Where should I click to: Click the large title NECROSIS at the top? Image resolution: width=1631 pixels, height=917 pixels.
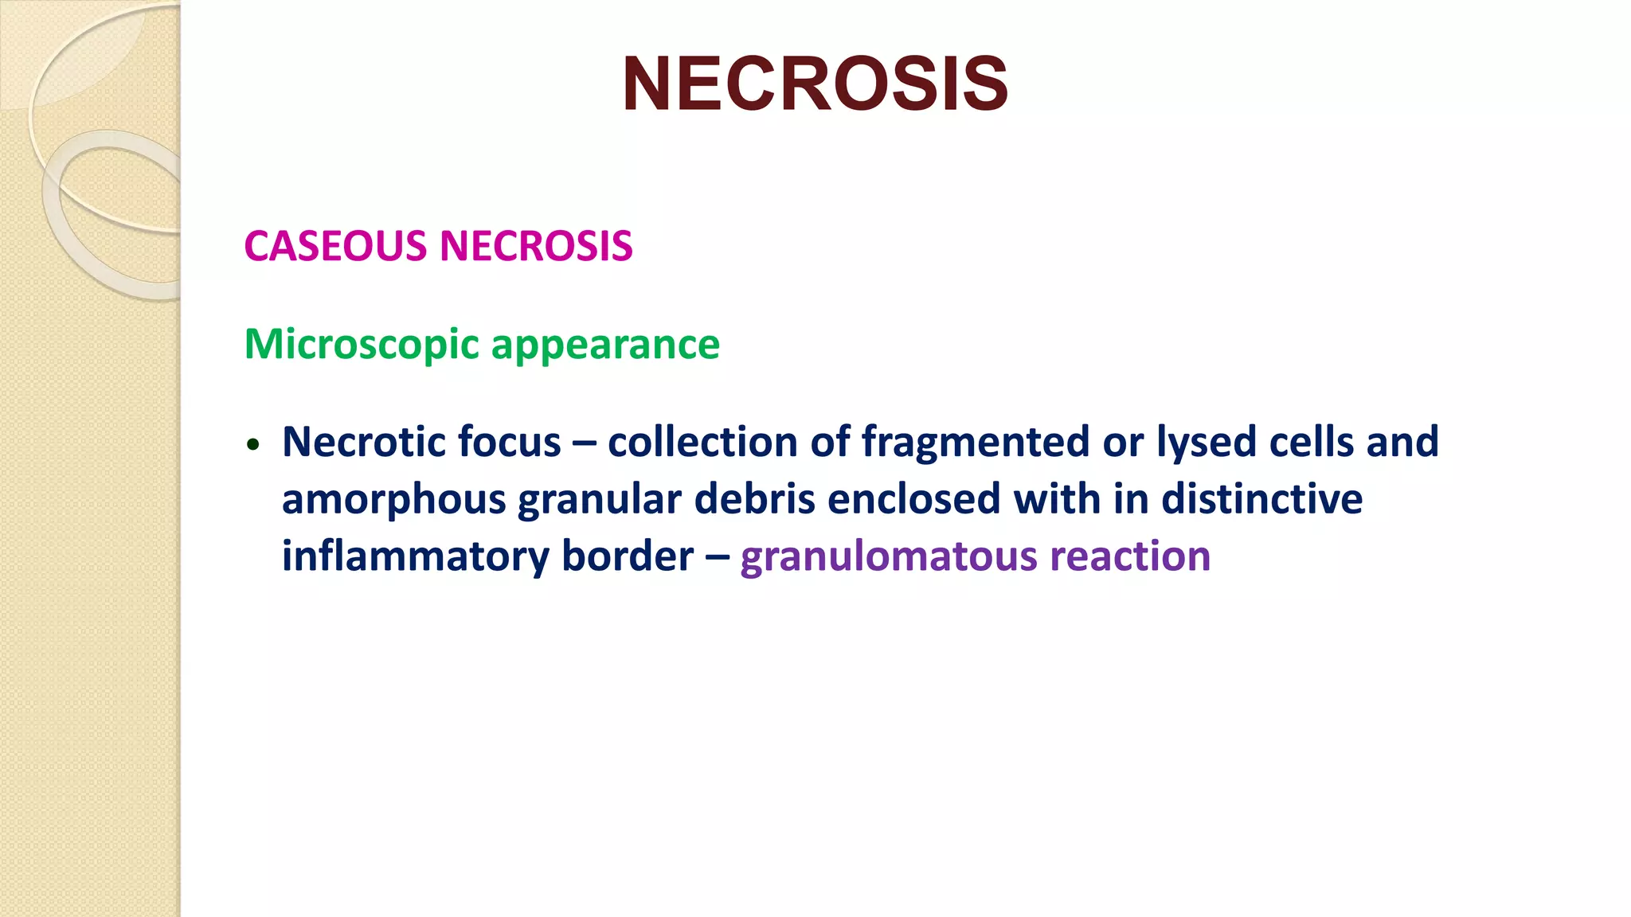click(x=815, y=84)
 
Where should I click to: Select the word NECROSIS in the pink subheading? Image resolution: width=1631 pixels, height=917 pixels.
click(x=536, y=246)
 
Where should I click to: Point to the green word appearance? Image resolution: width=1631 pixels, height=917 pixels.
click(x=605, y=345)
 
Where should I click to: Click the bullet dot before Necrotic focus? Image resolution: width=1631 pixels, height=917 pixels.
click(x=253, y=445)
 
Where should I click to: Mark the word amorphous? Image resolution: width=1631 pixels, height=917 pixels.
click(x=394, y=500)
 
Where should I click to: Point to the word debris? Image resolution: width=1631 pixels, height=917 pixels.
click(x=754, y=500)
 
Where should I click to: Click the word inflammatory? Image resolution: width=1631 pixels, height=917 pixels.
click(x=416, y=556)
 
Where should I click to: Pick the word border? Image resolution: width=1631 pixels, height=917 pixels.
click(x=628, y=556)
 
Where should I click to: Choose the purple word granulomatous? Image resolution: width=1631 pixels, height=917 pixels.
click(x=889, y=556)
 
